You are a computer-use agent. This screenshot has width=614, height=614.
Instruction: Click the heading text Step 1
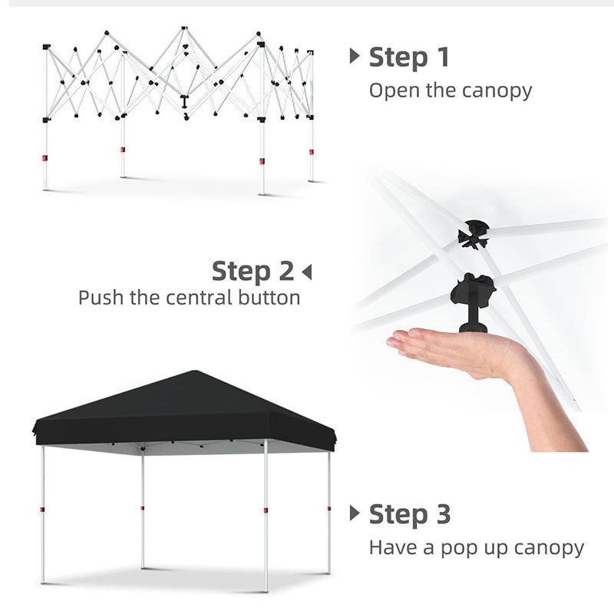[x=409, y=58]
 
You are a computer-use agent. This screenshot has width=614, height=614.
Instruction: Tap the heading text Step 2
[x=253, y=271]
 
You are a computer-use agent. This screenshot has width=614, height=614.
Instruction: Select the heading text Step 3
[x=410, y=513]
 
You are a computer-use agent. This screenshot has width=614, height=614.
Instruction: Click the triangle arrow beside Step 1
[x=355, y=56]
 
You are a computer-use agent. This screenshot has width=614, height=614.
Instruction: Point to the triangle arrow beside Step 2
[x=307, y=272]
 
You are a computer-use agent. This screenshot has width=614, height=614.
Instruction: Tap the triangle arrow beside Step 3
[x=355, y=513]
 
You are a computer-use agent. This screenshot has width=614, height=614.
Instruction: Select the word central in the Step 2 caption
[x=194, y=298]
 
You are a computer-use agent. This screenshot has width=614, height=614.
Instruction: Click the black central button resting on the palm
[x=474, y=303]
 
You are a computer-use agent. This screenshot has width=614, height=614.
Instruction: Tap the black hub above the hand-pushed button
[x=474, y=235]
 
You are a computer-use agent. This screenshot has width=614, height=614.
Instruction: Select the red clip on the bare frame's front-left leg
[x=45, y=158]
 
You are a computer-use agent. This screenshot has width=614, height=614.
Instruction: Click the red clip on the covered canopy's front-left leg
[x=42, y=510]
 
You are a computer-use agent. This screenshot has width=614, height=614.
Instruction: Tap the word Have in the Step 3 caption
[x=393, y=547]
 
